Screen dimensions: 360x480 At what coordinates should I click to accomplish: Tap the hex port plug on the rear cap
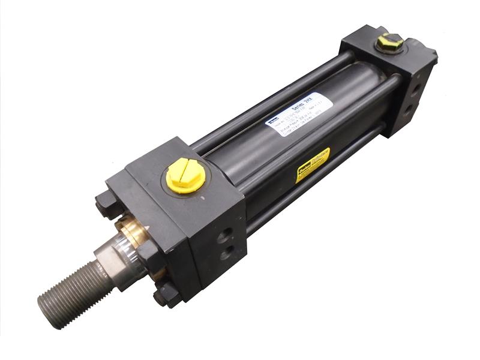click(389, 43)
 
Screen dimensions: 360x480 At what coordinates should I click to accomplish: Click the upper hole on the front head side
click(230, 231)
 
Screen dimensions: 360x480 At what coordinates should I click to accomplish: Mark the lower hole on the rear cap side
click(410, 109)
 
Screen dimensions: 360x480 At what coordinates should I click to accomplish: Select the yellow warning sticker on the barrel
click(313, 164)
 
